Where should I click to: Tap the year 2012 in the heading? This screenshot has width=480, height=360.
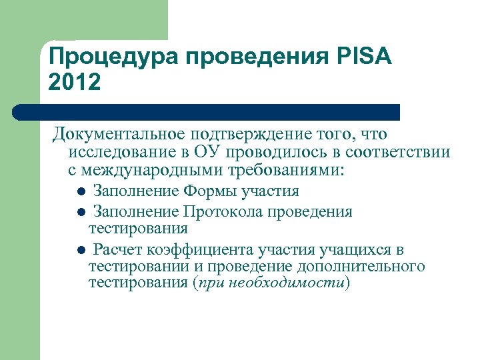(75, 82)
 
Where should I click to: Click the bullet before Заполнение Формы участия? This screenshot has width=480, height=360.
(79, 192)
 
